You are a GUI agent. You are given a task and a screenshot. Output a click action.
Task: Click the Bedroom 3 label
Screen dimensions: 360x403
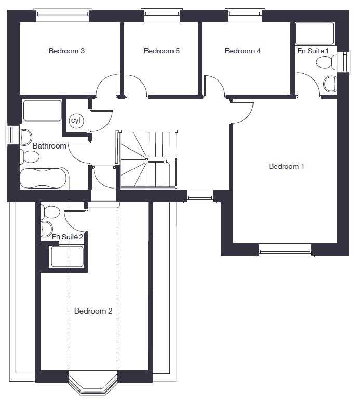coord(66,51)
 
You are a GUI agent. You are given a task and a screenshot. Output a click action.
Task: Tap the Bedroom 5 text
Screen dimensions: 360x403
coord(162,51)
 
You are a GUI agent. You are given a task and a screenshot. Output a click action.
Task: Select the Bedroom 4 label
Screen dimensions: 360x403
coord(243,51)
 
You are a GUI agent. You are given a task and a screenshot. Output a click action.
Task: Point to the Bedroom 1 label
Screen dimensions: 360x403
coord(286,166)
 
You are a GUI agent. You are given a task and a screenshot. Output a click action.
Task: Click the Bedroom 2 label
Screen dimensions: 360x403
coord(94,311)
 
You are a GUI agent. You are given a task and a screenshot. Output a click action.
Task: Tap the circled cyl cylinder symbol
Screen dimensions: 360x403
coord(76,120)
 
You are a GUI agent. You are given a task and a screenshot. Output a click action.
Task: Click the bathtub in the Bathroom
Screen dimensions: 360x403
coord(44,178)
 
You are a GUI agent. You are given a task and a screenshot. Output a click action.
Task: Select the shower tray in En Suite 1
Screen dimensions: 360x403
coord(314,33)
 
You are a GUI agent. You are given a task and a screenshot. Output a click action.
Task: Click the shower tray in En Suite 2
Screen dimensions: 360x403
coord(68,257)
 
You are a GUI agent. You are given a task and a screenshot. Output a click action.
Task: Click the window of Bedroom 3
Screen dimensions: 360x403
coord(63,16)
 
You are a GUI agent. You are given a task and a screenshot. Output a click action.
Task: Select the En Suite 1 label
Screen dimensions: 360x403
coord(313,51)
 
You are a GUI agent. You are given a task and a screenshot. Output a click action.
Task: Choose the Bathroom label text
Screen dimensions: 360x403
coord(49,146)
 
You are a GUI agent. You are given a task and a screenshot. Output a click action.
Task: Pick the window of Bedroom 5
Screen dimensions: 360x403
coord(162,16)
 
